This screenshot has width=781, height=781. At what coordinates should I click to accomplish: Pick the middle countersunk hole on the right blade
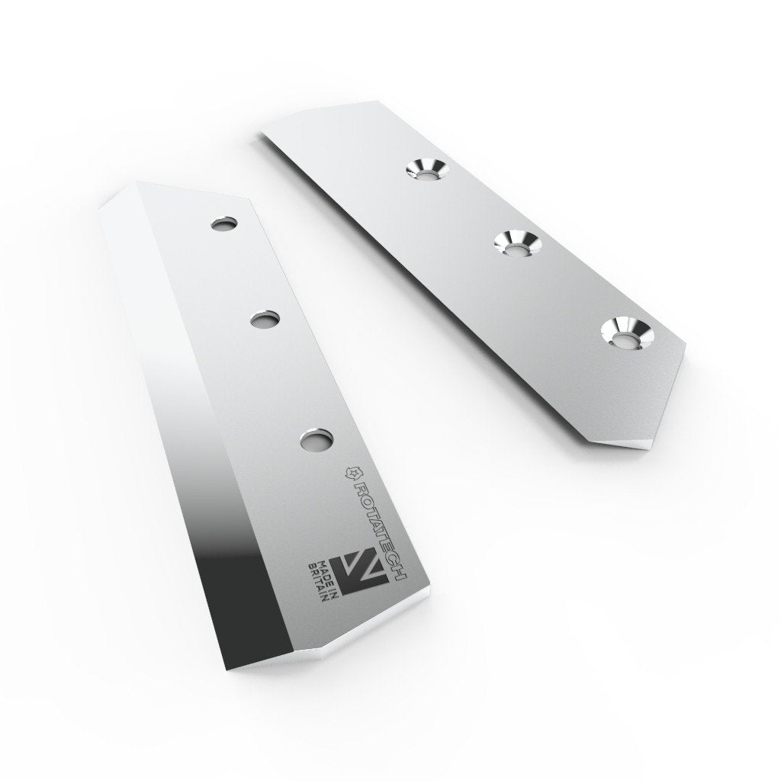(516, 243)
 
